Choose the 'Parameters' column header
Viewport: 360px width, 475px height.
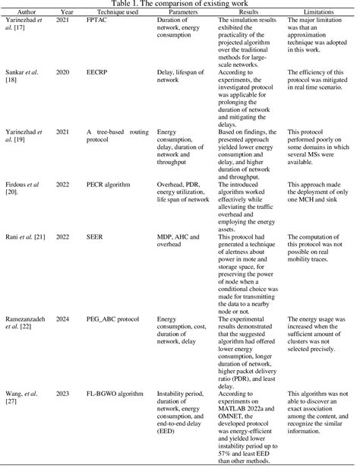click(182, 12)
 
